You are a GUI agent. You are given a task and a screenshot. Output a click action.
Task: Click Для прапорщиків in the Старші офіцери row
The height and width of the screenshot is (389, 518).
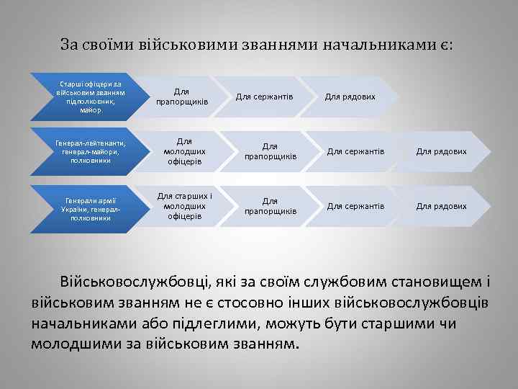point(182,97)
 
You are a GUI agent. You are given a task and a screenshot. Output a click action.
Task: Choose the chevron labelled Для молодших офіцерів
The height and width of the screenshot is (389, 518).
point(182,152)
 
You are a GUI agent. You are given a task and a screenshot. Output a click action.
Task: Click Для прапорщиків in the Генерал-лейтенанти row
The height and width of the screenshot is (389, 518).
point(270,152)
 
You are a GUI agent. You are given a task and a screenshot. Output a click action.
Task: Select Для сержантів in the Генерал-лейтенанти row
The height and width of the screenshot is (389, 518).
point(355,152)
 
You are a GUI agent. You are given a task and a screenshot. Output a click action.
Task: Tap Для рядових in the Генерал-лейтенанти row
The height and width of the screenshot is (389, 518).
point(441,152)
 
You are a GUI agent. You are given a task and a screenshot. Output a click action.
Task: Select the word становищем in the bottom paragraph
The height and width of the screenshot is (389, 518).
point(424,280)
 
